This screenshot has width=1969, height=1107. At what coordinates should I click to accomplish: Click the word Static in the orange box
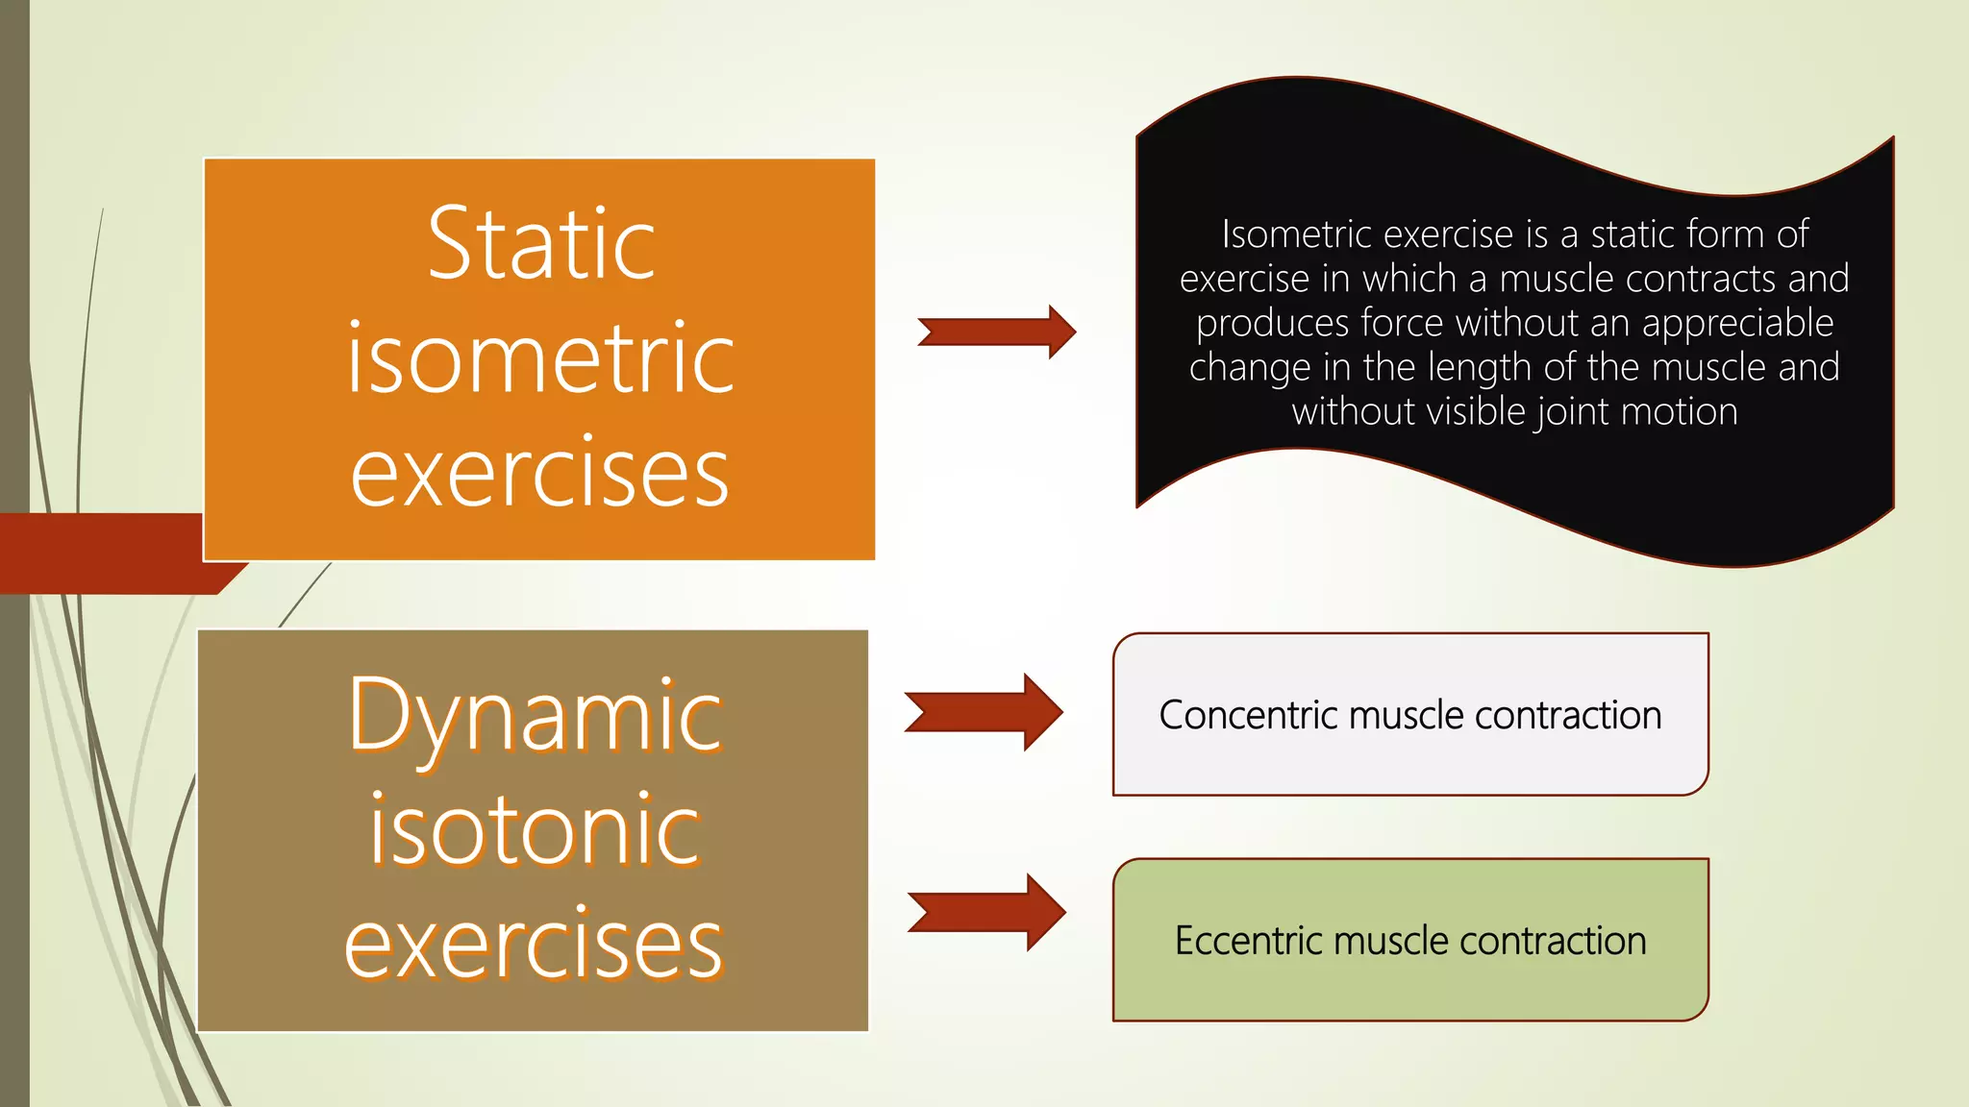pyautogui.click(x=541, y=245)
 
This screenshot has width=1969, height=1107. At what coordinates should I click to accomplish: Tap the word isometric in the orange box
pyautogui.click(x=540, y=359)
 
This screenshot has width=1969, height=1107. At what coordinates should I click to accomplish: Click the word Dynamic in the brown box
pyautogui.click(x=535, y=717)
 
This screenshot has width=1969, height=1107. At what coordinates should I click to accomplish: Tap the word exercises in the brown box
pyautogui.click(x=535, y=945)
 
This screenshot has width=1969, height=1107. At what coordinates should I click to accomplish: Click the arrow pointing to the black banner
pyautogui.click(x=997, y=332)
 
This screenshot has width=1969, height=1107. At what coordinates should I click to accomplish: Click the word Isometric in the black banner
pyautogui.click(x=1284, y=234)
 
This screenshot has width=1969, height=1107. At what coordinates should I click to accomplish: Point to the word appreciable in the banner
pyautogui.click(x=1737, y=323)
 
